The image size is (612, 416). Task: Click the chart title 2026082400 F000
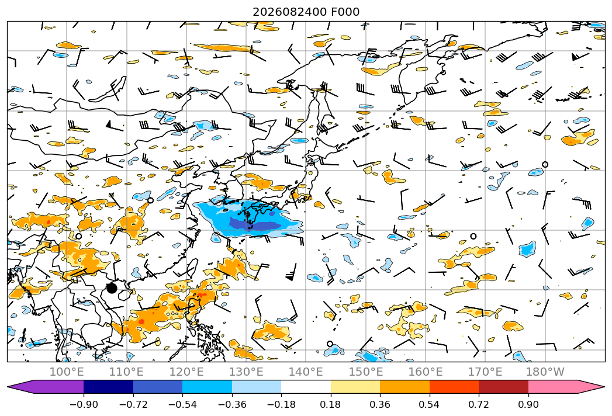pyautogui.click(x=306, y=12)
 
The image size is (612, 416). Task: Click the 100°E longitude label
pyautogui.click(x=67, y=372)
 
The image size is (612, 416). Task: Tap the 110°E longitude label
pyautogui.click(x=126, y=372)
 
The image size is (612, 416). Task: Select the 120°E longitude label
pyautogui.click(x=186, y=372)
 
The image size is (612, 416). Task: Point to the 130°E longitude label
pyautogui.click(x=246, y=372)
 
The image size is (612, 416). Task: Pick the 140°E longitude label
pyautogui.click(x=306, y=372)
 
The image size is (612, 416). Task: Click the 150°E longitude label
pyautogui.click(x=366, y=372)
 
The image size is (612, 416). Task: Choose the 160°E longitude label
pyautogui.click(x=426, y=372)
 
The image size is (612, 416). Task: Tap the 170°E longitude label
pyautogui.click(x=485, y=372)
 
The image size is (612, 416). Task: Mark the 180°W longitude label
pyautogui.click(x=545, y=372)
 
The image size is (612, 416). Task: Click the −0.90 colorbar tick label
pyautogui.click(x=84, y=404)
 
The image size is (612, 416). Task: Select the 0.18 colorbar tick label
pyautogui.click(x=331, y=404)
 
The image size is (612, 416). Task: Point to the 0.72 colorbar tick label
pyautogui.click(x=479, y=404)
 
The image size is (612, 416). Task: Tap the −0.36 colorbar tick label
pyautogui.click(x=232, y=404)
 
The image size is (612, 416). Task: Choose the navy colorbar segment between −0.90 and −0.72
pyautogui.click(x=109, y=387)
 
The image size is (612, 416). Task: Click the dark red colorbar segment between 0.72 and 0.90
pyautogui.click(x=503, y=387)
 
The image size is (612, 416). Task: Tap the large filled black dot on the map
pyautogui.click(x=112, y=289)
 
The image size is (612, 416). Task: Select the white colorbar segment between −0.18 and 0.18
pyautogui.click(x=306, y=387)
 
